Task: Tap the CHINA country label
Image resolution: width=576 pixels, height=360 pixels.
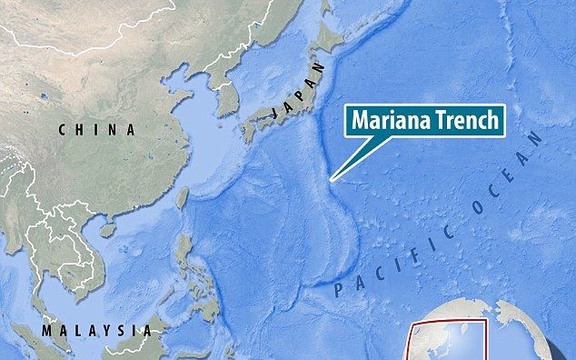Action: tap(97, 131)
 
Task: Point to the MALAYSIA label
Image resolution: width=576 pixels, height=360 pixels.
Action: tap(101, 328)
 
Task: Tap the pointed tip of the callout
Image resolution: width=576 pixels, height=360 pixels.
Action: tap(332, 182)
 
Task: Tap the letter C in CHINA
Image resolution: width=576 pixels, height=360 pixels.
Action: tap(63, 131)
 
